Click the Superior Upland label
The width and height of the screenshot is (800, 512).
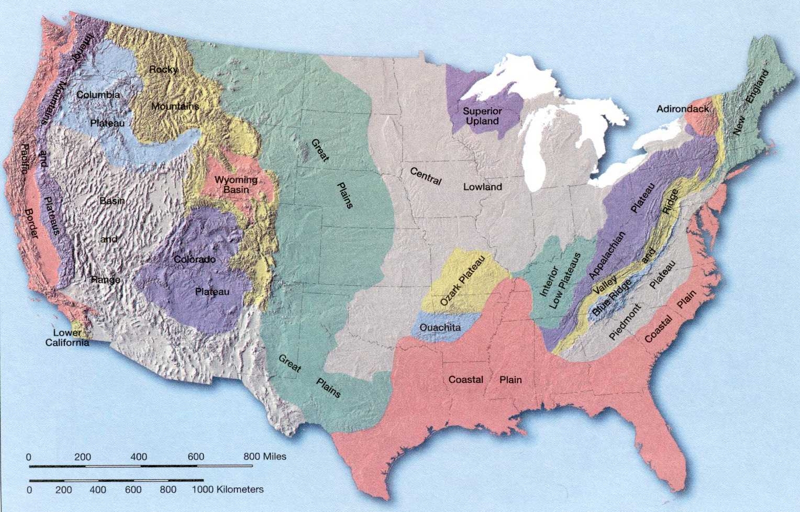pos(482,116)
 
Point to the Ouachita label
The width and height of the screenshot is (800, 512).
pos(440,327)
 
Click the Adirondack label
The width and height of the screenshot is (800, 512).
pos(683,109)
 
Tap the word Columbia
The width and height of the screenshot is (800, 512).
pos(98,95)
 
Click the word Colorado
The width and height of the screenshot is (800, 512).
pos(195,259)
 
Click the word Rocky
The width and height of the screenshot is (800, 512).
pos(163,69)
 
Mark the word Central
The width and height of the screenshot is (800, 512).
pos(426,176)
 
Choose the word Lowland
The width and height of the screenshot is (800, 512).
pos(482,187)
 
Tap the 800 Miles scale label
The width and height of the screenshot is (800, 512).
pos(265,457)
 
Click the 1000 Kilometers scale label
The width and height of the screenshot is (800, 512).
pos(228,489)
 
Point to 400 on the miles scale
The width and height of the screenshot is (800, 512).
pos(139,457)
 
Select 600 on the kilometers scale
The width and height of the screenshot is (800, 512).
pos(133,490)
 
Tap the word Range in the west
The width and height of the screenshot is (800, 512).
pos(105,279)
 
